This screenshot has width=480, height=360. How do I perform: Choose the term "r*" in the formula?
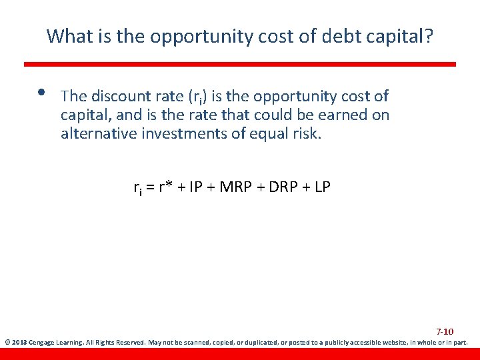(166, 187)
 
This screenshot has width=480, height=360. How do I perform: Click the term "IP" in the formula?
(196, 187)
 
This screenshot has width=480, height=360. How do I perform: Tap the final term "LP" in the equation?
(321, 187)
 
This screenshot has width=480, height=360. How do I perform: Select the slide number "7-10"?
(445, 331)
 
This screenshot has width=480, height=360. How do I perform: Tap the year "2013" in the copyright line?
(17, 343)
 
